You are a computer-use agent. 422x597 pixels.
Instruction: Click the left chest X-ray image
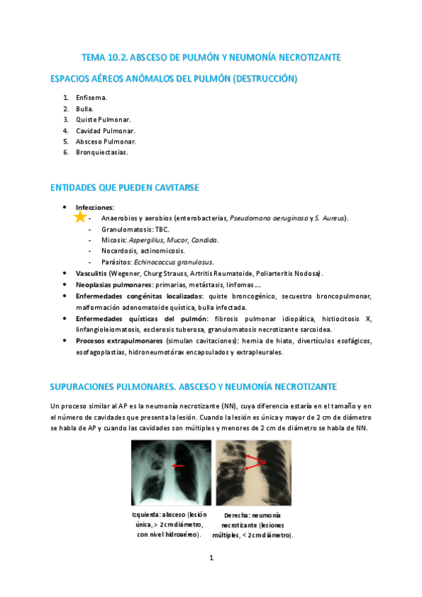click(x=171, y=472)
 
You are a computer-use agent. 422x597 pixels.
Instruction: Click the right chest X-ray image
click(x=254, y=472)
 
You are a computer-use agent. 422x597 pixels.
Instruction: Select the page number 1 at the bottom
click(x=211, y=558)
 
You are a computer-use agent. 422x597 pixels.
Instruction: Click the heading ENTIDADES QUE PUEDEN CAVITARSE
click(x=124, y=188)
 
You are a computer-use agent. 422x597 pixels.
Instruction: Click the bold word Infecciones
click(x=94, y=208)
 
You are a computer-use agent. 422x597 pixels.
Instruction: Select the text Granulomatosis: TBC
click(x=135, y=230)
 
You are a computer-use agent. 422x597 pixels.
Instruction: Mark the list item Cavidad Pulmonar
click(x=105, y=130)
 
